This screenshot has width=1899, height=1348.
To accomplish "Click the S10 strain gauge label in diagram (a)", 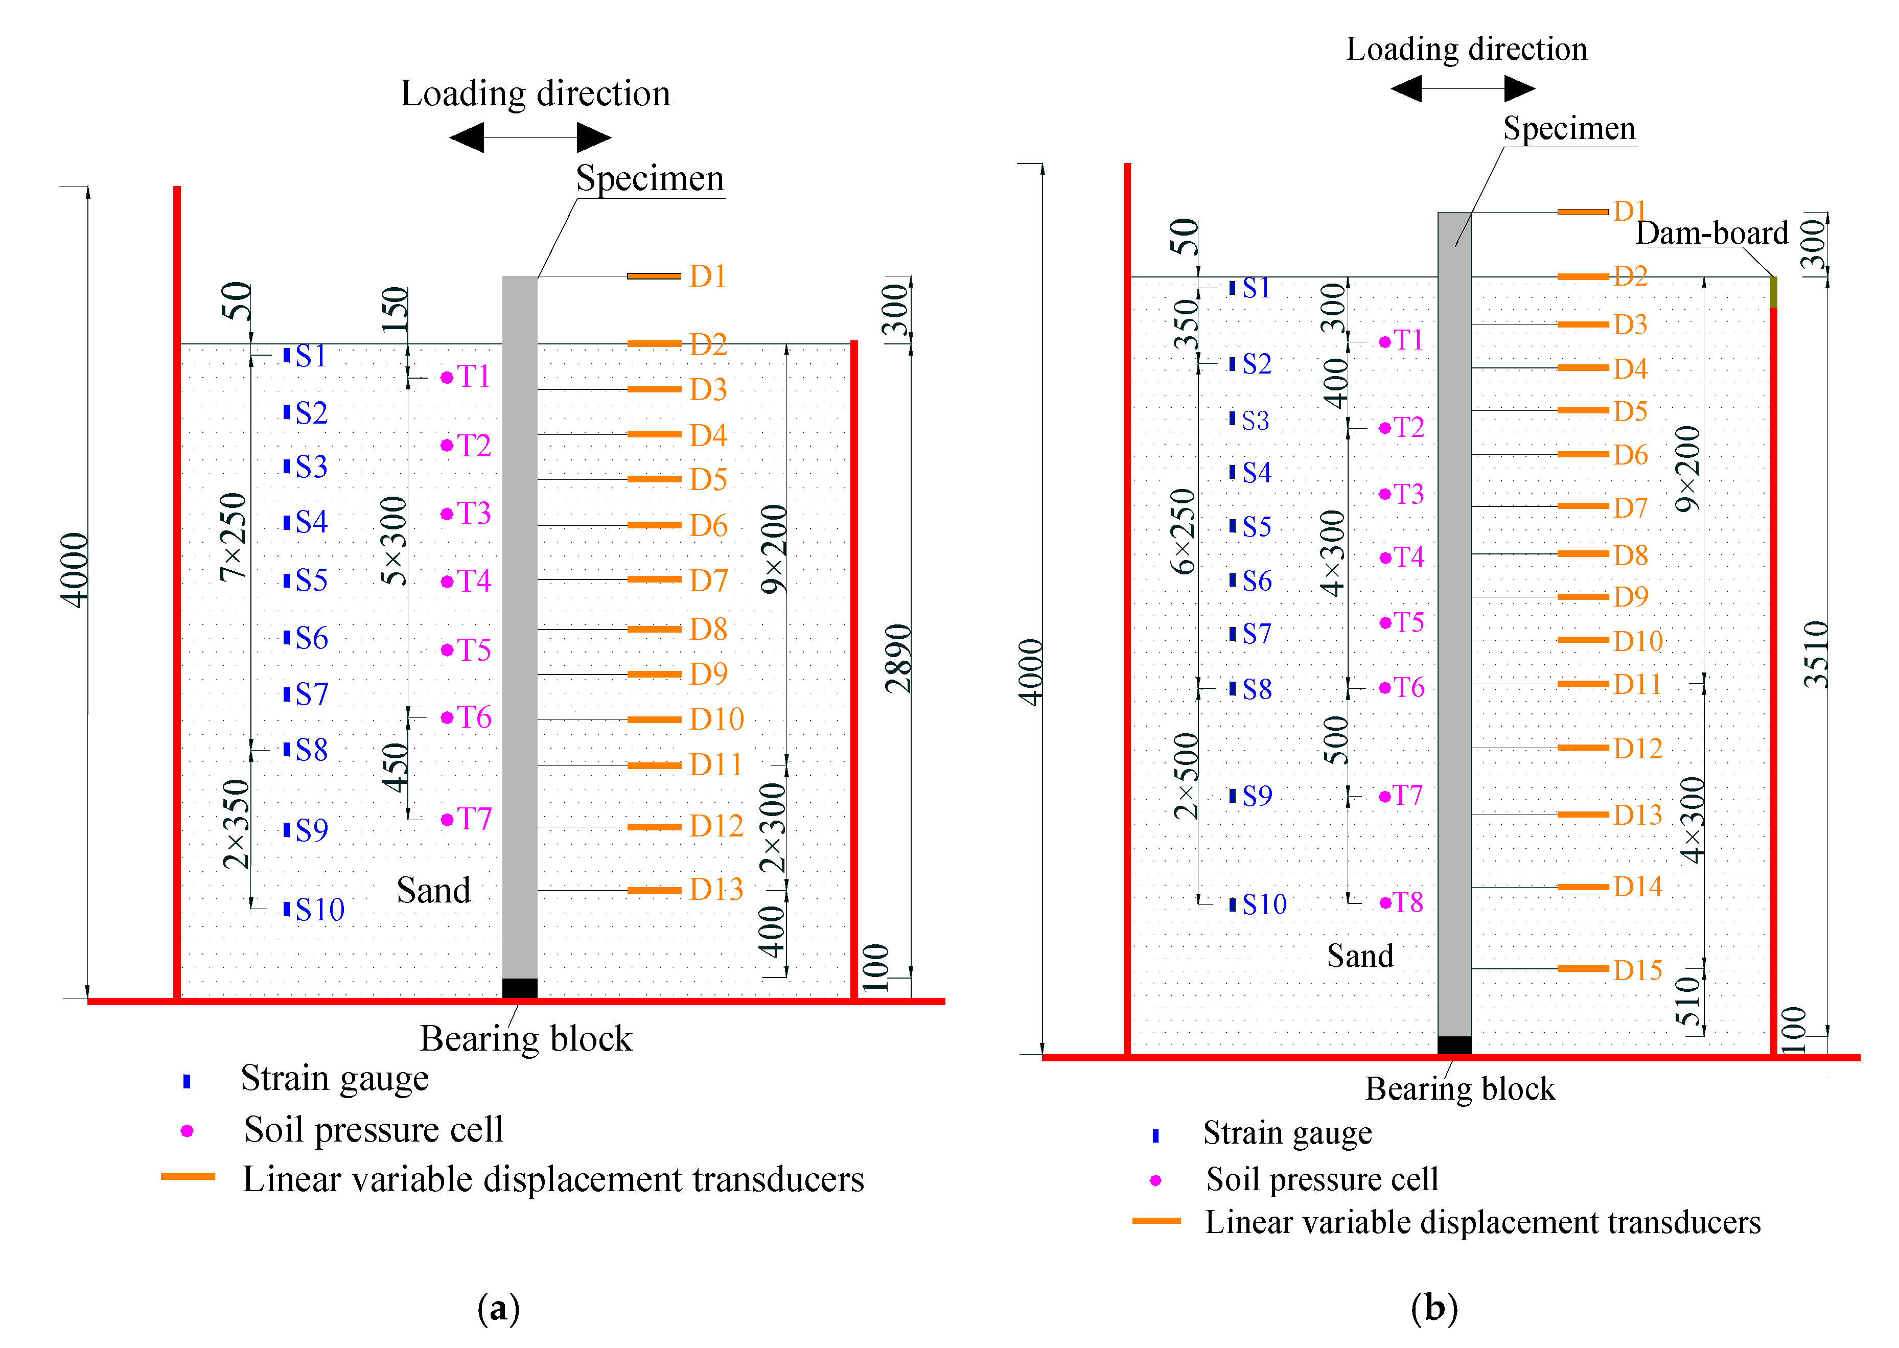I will (x=319, y=910).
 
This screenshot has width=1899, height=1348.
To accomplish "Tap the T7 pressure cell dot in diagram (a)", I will (x=447, y=819).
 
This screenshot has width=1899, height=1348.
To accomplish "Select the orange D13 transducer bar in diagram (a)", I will (x=654, y=891).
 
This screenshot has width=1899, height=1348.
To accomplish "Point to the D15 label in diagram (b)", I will (x=1637, y=969).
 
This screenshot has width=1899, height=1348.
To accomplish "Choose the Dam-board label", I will (x=1711, y=233).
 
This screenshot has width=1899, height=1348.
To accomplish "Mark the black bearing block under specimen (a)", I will (x=520, y=988).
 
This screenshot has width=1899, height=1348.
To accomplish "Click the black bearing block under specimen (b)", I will (x=1454, y=1045).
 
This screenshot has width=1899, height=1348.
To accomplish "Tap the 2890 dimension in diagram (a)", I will (x=898, y=658).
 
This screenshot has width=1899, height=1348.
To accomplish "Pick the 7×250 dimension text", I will (x=233, y=536).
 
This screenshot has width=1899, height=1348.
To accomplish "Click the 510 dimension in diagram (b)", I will (x=1688, y=1000).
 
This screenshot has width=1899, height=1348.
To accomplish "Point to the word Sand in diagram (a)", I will (x=433, y=891).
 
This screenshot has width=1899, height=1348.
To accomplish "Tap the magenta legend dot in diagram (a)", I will (x=188, y=1130).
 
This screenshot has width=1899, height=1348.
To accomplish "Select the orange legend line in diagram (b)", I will (x=1156, y=1221).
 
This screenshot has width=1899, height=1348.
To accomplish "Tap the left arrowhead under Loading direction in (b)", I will (x=1407, y=88).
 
